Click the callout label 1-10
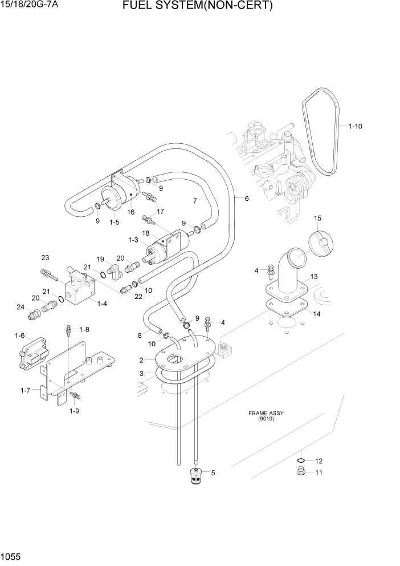(354, 126)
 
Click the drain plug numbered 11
(300, 471)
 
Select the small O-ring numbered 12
(300, 460)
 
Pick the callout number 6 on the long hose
(246, 199)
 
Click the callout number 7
(195, 200)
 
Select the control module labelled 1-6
(31, 354)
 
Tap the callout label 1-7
(25, 390)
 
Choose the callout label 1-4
(102, 304)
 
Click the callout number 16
(130, 212)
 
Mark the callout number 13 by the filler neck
(313, 277)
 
